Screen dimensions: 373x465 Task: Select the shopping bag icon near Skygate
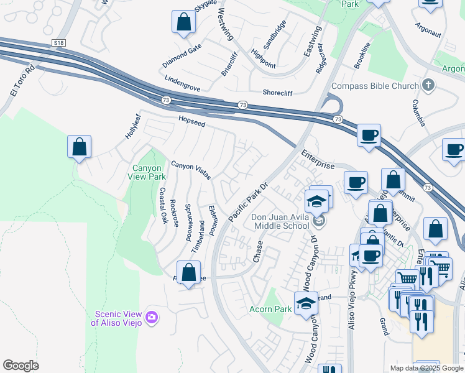(184, 23)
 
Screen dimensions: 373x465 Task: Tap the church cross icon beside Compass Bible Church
(428, 85)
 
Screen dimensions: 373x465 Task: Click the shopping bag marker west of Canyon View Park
(79, 148)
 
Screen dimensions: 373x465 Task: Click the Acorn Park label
(270, 309)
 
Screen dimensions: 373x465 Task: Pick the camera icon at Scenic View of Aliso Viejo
(151, 319)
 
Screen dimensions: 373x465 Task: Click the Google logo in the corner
(21, 366)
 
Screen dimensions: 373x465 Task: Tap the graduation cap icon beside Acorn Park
(306, 303)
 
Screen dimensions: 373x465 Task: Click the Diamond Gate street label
(182, 56)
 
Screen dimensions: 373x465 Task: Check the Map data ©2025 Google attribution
(426, 368)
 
